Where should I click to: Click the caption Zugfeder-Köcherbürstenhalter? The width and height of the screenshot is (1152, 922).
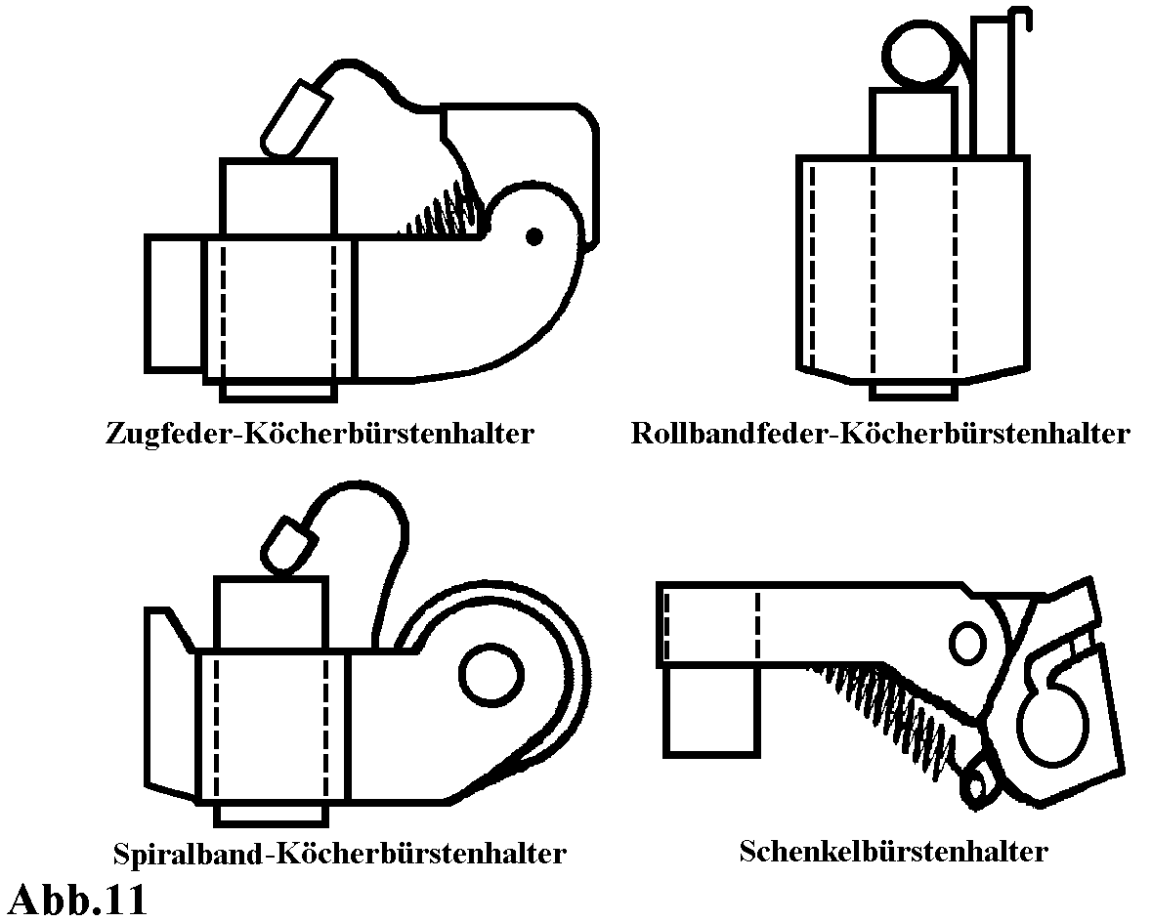pos(320,433)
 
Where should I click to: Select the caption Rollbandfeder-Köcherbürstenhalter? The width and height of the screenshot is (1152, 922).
pos(880,433)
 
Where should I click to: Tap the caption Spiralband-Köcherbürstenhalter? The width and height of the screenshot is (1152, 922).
pos(339,853)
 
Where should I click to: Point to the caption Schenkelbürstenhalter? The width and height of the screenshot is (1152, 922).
pos(893,851)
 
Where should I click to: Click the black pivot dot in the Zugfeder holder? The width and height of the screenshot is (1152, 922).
pos(533,235)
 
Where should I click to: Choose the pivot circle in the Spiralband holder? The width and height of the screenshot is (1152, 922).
pos(491,673)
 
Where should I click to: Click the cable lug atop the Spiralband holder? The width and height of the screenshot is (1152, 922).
pos(286,542)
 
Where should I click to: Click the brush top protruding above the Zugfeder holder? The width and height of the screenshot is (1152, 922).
pos(278,197)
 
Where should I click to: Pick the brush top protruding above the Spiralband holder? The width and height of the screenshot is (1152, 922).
pos(271,613)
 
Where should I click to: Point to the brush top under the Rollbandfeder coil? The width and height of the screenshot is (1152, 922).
pos(913,122)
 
